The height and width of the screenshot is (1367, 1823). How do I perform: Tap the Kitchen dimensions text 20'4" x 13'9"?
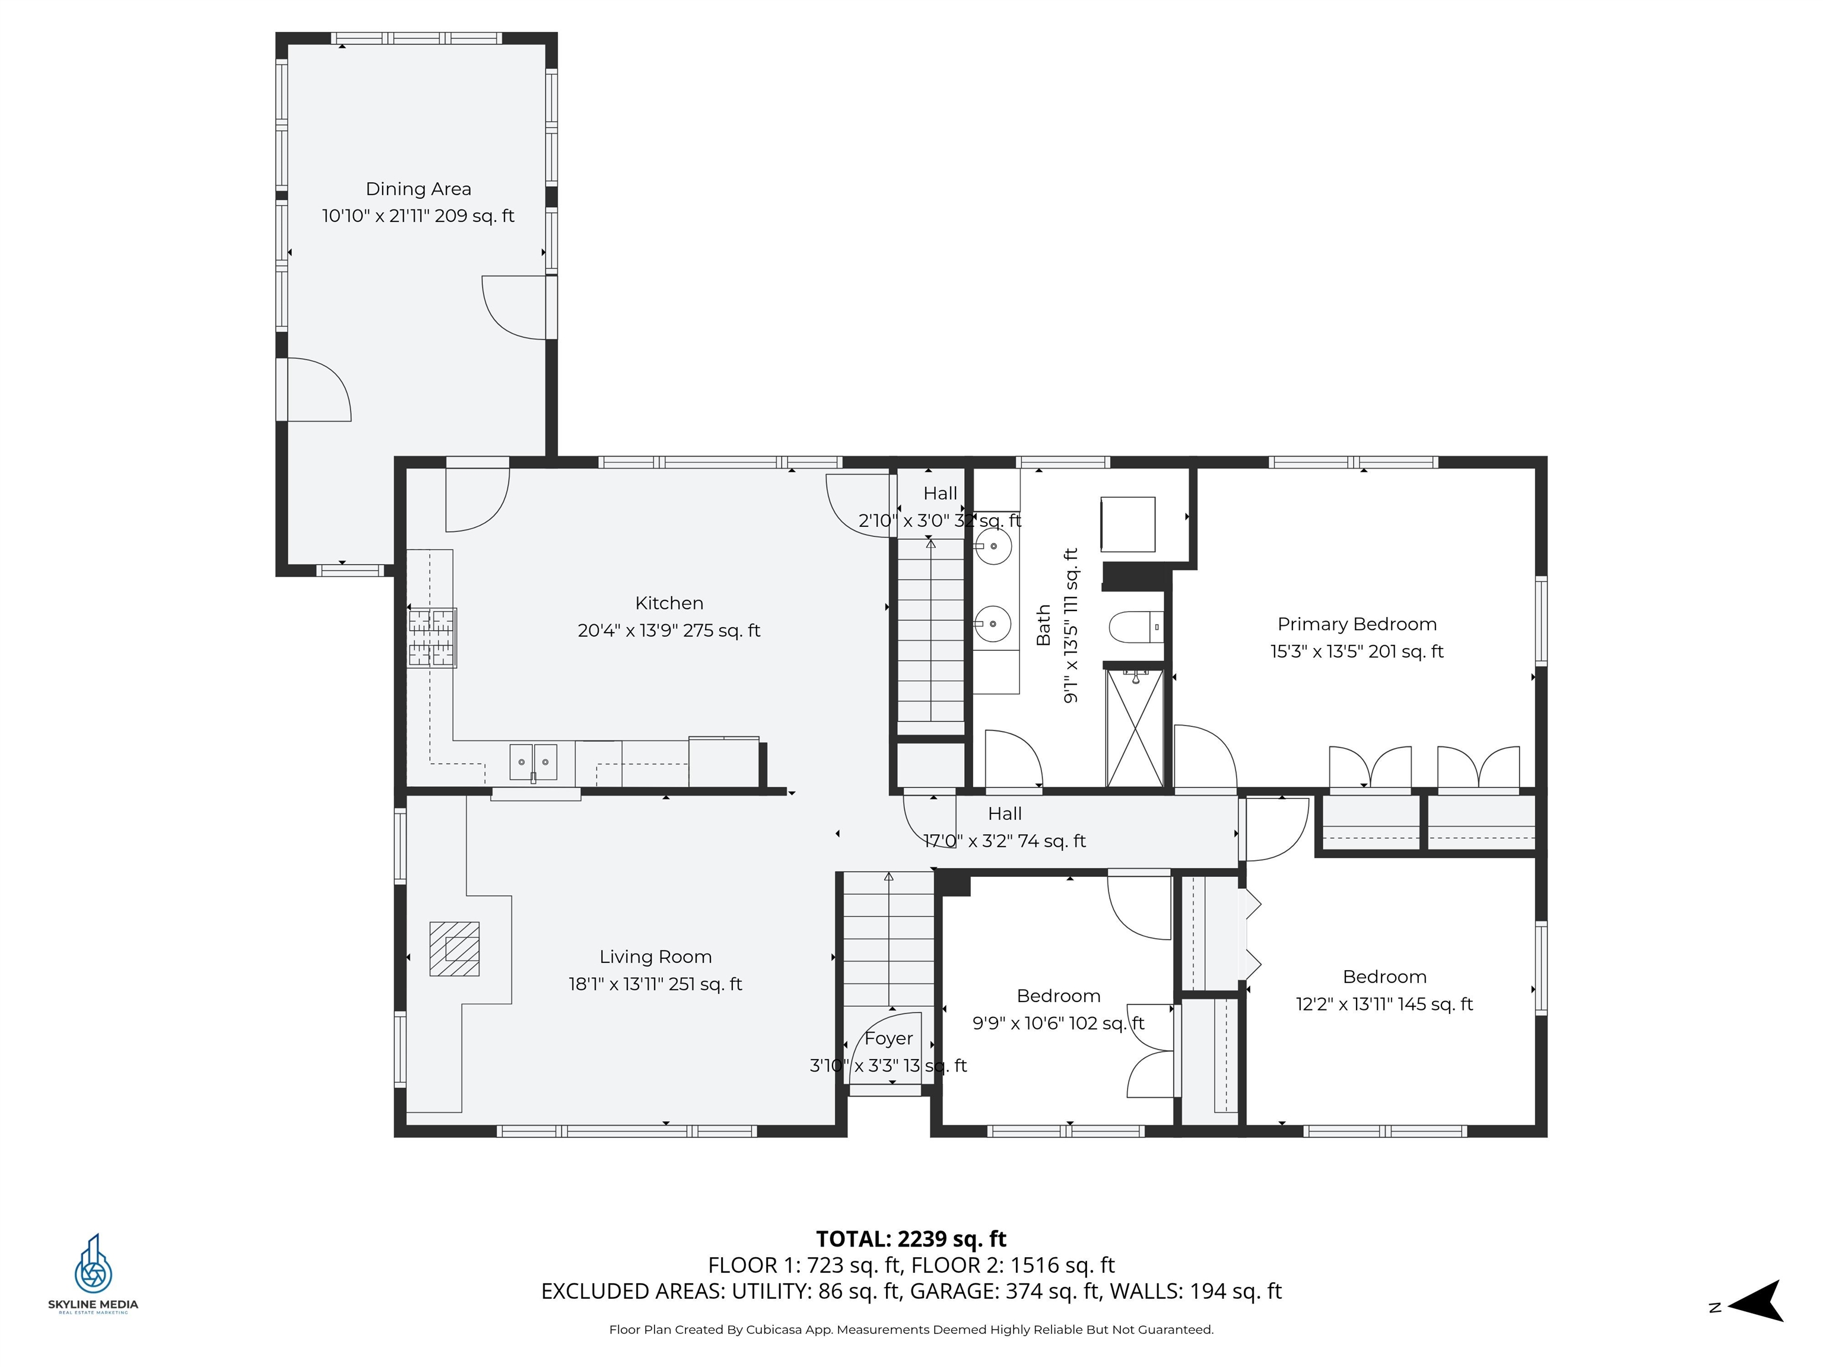click(668, 630)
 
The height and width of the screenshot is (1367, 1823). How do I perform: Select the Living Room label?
click(655, 956)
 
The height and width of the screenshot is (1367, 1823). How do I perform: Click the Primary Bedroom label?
click(1357, 624)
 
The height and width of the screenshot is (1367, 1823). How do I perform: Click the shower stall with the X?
click(1134, 729)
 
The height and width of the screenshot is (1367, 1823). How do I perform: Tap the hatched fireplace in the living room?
click(454, 948)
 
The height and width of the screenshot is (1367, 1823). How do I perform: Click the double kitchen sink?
click(533, 761)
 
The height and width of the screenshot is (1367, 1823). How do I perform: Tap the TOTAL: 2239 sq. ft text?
click(911, 1238)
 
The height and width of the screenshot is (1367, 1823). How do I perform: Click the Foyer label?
click(888, 1038)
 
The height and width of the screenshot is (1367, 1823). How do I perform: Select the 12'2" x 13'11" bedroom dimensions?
click(1384, 1004)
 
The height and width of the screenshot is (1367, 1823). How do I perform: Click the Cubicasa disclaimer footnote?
click(911, 1329)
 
